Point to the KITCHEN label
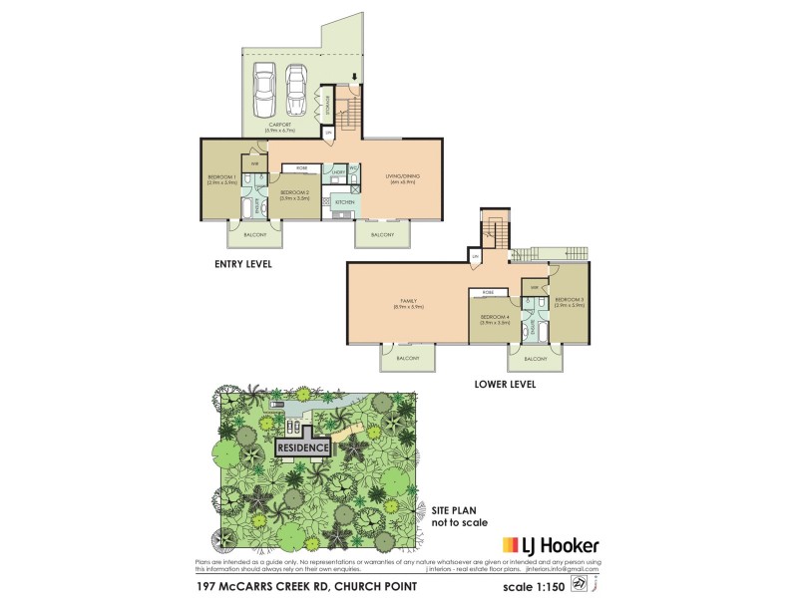[x=345, y=202]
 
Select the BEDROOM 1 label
[x=219, y=178]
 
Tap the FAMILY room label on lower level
[x=409, y=302]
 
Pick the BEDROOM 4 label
[x=495, y=319]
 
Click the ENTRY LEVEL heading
[x=243, y=264]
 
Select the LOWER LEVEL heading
[x=507, y=384]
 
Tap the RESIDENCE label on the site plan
[x=303, y=448]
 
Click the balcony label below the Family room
[x=408, y=357]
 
